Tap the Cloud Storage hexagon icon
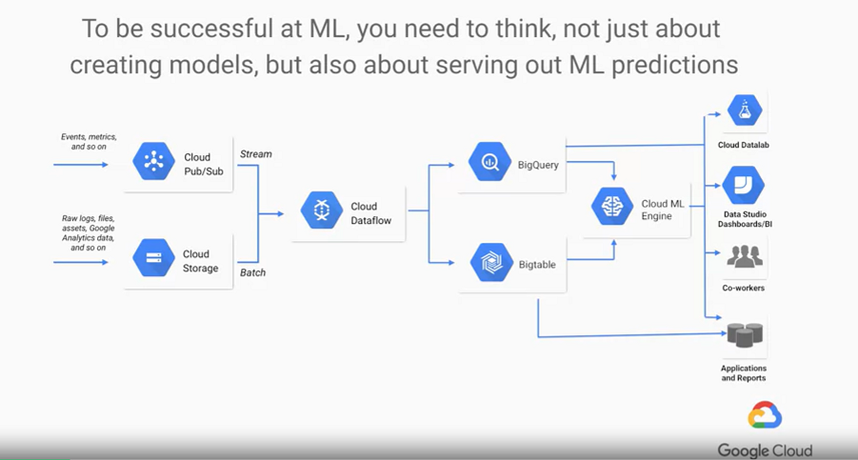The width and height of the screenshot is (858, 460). pyautogui.click(x=154, y=258)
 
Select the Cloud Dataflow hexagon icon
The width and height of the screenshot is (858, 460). pyautogui.click(x=322, y=210)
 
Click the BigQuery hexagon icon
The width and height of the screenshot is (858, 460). pyautogui.click(x=490, y=162)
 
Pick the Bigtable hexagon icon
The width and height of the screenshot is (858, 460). pyautogui.click(x=491, y=264)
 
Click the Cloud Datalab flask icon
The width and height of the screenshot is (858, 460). pyautogui.click(x=745, y=110)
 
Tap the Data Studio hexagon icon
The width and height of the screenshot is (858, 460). pyautogui.click(x=744, y=186)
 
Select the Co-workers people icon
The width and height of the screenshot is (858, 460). pyautogui.click(x=745, y=257)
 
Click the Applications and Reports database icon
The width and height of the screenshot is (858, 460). pyautogui.click(x=745, y=335)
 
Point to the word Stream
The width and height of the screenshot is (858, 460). pyautogui.click(x=255, y=153)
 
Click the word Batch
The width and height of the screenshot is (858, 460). pyautogui.click(x=253, y=272)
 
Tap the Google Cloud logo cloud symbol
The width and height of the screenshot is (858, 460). pyautogui.click(x=765, y=416)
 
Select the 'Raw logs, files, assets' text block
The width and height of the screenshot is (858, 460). pyautogui.click(x=89, y=232)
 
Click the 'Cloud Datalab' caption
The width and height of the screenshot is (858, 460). pyautogui.click(x=745, y=145)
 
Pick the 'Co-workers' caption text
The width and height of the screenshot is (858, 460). pyautogui.click(x=744, y=288)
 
